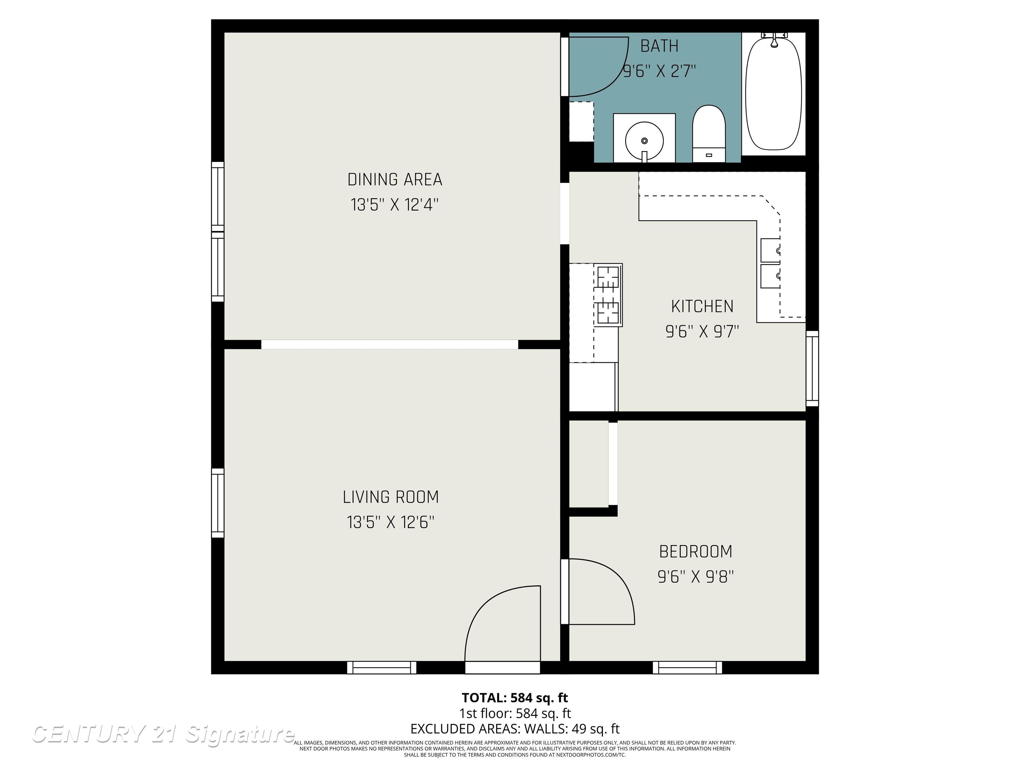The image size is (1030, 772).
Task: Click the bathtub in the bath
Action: point(774,93)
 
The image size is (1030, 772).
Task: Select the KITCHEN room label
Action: point(702,307)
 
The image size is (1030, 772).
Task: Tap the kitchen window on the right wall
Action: point(812,369)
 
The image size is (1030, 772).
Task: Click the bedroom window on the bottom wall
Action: point(687,668)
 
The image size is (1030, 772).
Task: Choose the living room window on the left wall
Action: point(218,503)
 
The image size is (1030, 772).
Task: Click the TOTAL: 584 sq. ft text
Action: point(515,698)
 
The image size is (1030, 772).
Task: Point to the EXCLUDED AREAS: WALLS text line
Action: point(515,729)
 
